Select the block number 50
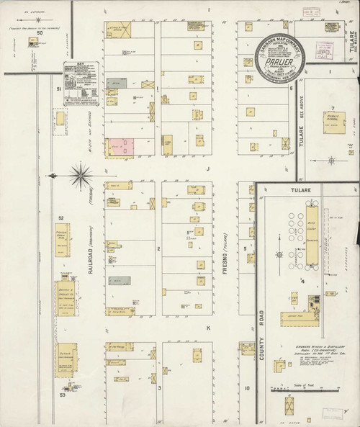(x=40, y=33)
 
